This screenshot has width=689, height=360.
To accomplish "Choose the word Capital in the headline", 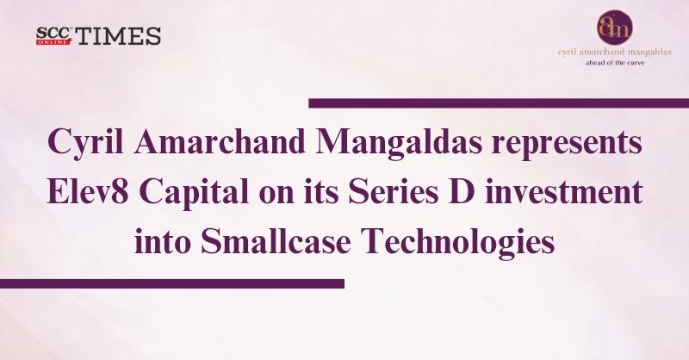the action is (195, 195).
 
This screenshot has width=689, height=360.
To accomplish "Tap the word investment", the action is (563, 194).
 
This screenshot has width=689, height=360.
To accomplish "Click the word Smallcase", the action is (276, 241).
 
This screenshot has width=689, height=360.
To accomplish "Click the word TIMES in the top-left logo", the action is (119, 36).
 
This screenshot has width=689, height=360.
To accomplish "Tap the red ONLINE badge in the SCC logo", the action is (53, 42).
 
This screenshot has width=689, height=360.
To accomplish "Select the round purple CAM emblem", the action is (614, 28).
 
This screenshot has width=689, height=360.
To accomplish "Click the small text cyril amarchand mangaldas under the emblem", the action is (614, 53).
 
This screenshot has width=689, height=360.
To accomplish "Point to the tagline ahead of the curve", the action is (615, 63).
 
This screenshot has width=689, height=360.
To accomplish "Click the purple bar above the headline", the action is (499, 103).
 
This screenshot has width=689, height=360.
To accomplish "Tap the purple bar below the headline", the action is (171, 283).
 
